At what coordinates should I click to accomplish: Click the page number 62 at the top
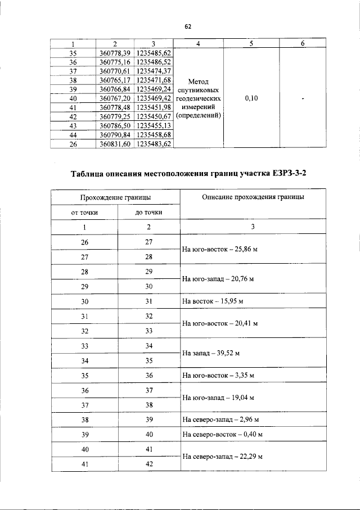coord(188,26)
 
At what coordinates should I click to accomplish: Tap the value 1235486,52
coord(154,62)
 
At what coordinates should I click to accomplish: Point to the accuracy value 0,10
coord(252,98)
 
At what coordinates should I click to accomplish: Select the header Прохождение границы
coord(115,198)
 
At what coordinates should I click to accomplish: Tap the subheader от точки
coord(84,213)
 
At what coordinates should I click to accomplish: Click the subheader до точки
coord(149,213)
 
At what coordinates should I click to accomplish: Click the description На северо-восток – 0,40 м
coord(223,435)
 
